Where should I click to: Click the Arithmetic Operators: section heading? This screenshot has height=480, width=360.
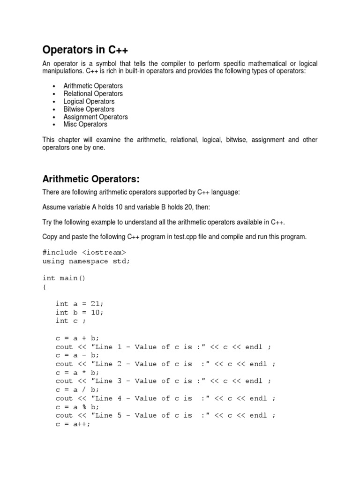[91, 179]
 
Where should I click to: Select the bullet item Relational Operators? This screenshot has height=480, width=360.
[93, 94]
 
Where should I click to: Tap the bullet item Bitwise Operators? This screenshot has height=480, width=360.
[89, 109]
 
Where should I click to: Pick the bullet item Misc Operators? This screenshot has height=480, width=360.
[85, 124]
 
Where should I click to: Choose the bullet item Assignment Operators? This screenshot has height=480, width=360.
[95, 117]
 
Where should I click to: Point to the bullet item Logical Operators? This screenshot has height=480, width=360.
[89, 101]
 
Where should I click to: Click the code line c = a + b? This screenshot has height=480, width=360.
[77, 338]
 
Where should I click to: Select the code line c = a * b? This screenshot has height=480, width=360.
[77, 372]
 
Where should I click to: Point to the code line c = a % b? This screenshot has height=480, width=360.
[77, 406]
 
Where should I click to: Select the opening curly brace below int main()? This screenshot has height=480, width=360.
[45, 287]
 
